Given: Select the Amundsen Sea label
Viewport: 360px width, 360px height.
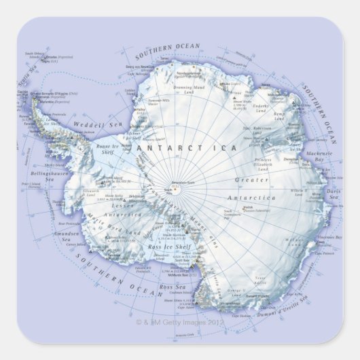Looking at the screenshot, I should [x=66, y=236].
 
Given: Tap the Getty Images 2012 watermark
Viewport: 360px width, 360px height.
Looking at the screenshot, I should [x=179, y=322].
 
